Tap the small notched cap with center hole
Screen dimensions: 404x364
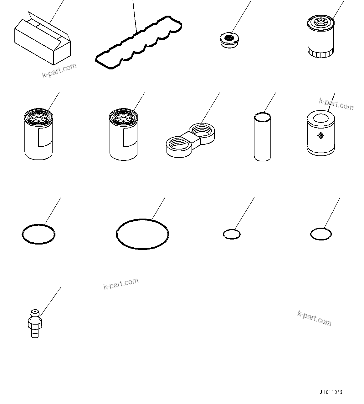click(229, 41)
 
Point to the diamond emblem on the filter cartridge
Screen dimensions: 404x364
click(320, 135)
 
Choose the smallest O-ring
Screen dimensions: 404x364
click(232, 234)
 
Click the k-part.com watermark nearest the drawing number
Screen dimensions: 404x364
click(314, 318)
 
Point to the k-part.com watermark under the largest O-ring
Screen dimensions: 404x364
click(121, 284)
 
